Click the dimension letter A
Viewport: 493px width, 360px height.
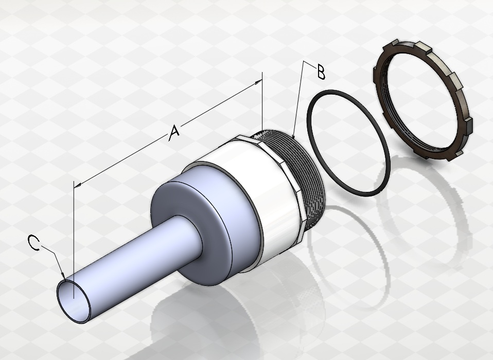pos(174,133)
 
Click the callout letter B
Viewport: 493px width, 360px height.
pos(321,72)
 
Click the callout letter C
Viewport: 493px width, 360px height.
pos(33,243)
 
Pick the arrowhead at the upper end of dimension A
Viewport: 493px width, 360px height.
pos(258,82)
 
